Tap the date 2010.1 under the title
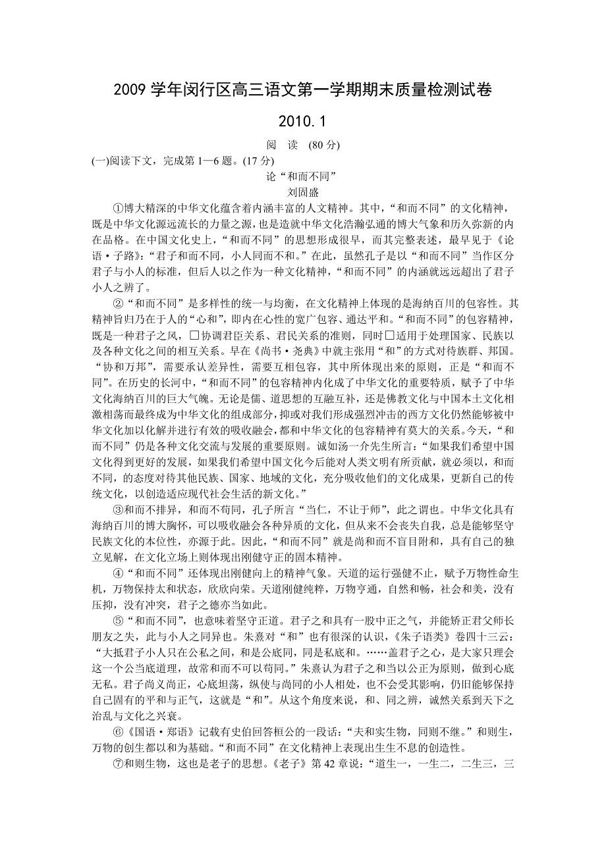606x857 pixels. (302, 122)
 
